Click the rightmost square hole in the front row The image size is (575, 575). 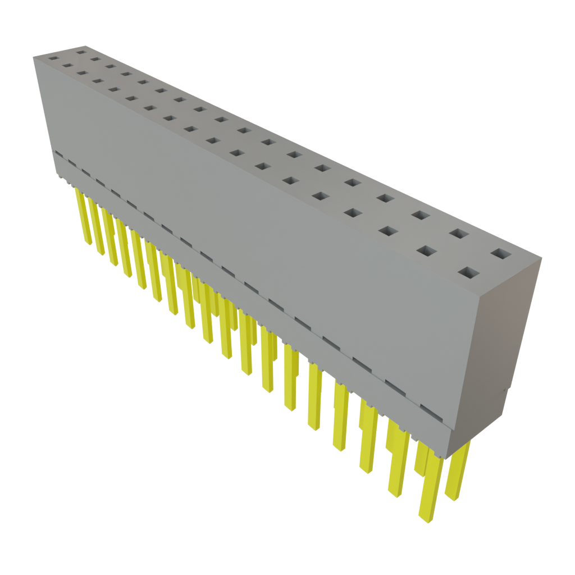tap(470, 273)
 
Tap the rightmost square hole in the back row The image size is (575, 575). tap(501, 254)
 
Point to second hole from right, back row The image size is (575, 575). tap(459, 234)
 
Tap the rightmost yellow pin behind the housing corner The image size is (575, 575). tap(458, 472)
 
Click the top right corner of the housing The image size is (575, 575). tap(541, 257)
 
